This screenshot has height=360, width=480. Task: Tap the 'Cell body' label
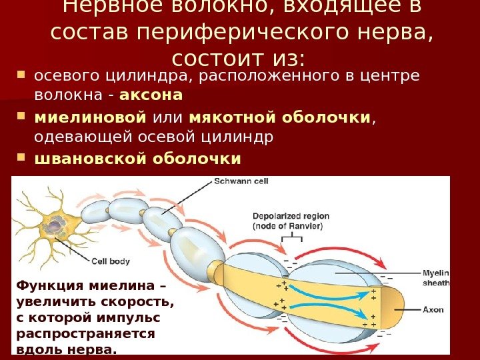[110, 261]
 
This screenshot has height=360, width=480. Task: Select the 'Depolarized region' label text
[287, 216]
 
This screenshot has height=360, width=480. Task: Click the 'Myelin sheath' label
[437, 277]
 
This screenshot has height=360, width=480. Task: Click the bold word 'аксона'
[160, 95]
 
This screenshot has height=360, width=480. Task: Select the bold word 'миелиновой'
[90, 118]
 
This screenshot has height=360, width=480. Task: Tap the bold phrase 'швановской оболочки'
[137, 159]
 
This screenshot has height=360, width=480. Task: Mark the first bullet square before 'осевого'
[21, 73]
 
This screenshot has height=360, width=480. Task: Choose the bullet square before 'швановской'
[21, 159]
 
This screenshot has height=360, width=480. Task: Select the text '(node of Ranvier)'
[287, 226]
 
